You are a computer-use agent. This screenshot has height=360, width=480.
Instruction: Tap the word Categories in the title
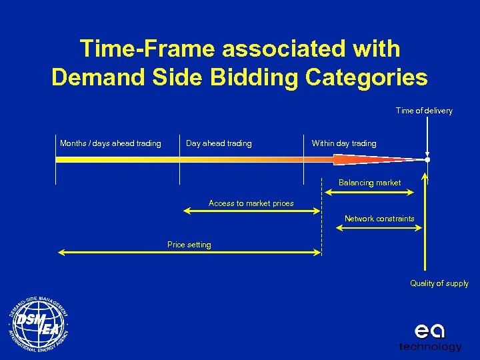[x=366, y=77]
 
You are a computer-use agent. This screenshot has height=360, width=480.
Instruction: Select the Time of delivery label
[x=424, y=111]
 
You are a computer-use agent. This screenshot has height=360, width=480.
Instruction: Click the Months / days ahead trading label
[x=111, y=143]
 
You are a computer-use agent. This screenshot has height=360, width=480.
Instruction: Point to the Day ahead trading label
[x=219, y=143]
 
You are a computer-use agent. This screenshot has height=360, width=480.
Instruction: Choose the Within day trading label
[x=344, y=143]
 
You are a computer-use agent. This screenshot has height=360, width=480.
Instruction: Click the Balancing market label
[x=370, y=183]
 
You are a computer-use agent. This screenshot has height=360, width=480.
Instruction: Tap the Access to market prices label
[x=251, y=203]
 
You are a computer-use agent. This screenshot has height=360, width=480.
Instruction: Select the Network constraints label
[x=379, y=219]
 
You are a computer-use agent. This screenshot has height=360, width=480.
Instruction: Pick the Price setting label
[x=189, y=245]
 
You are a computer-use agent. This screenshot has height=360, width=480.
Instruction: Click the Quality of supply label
[x=439, y=283]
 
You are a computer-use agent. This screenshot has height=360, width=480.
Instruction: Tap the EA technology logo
[x=430, y=337]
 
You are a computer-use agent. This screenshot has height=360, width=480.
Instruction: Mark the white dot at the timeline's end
[x=427, y=160]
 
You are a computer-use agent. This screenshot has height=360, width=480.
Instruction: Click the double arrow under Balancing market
[x=369, y=192]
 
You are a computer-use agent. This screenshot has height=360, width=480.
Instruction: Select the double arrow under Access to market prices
[x=252, y=211]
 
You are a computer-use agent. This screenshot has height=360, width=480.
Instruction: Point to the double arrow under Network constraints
[x=379, y=227]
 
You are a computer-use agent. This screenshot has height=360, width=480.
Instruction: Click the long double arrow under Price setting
[x=190, y=252]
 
